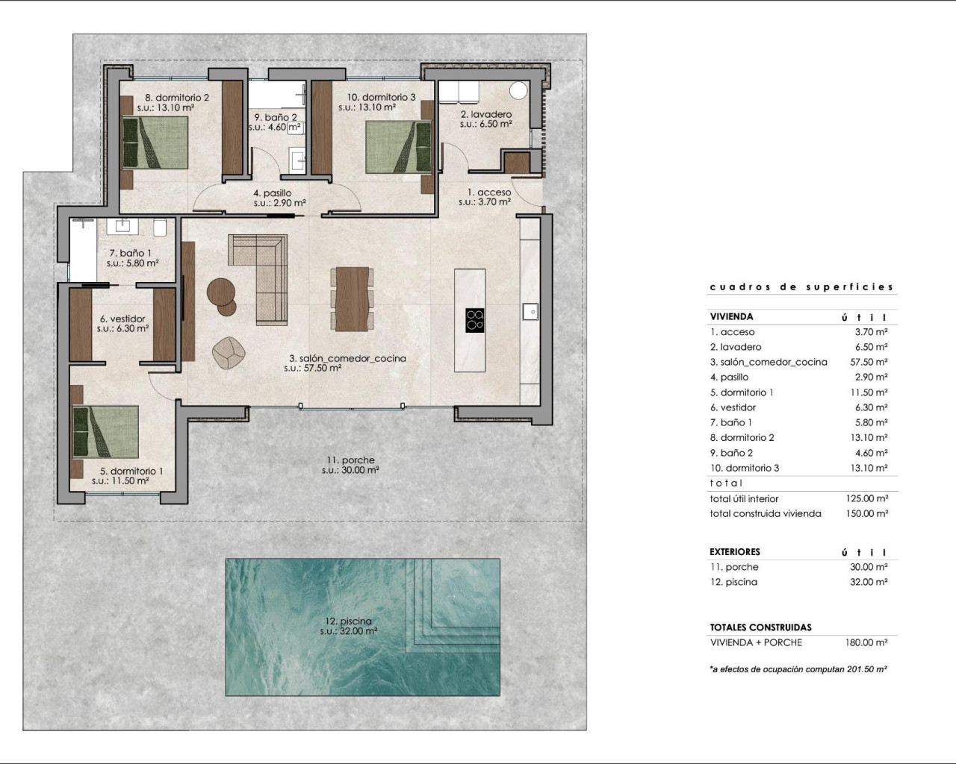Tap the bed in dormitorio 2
tap(155, 143)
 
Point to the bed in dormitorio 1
tap(105, 431)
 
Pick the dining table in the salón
tap(352, 298)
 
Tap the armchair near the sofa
tap(229, 352)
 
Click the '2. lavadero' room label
tap(485, 115)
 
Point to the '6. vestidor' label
tap(122, 319)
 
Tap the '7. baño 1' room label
tap(131, 254)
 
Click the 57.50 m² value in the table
tap(871, 362)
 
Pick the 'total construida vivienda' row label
tap(765, 513)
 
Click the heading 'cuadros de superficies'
tap(801, 286)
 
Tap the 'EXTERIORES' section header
tap(734, 552)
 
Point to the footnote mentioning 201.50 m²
tap(798, 669)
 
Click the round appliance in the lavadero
tap(519, 90)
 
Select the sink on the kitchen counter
tap(530, 309)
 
